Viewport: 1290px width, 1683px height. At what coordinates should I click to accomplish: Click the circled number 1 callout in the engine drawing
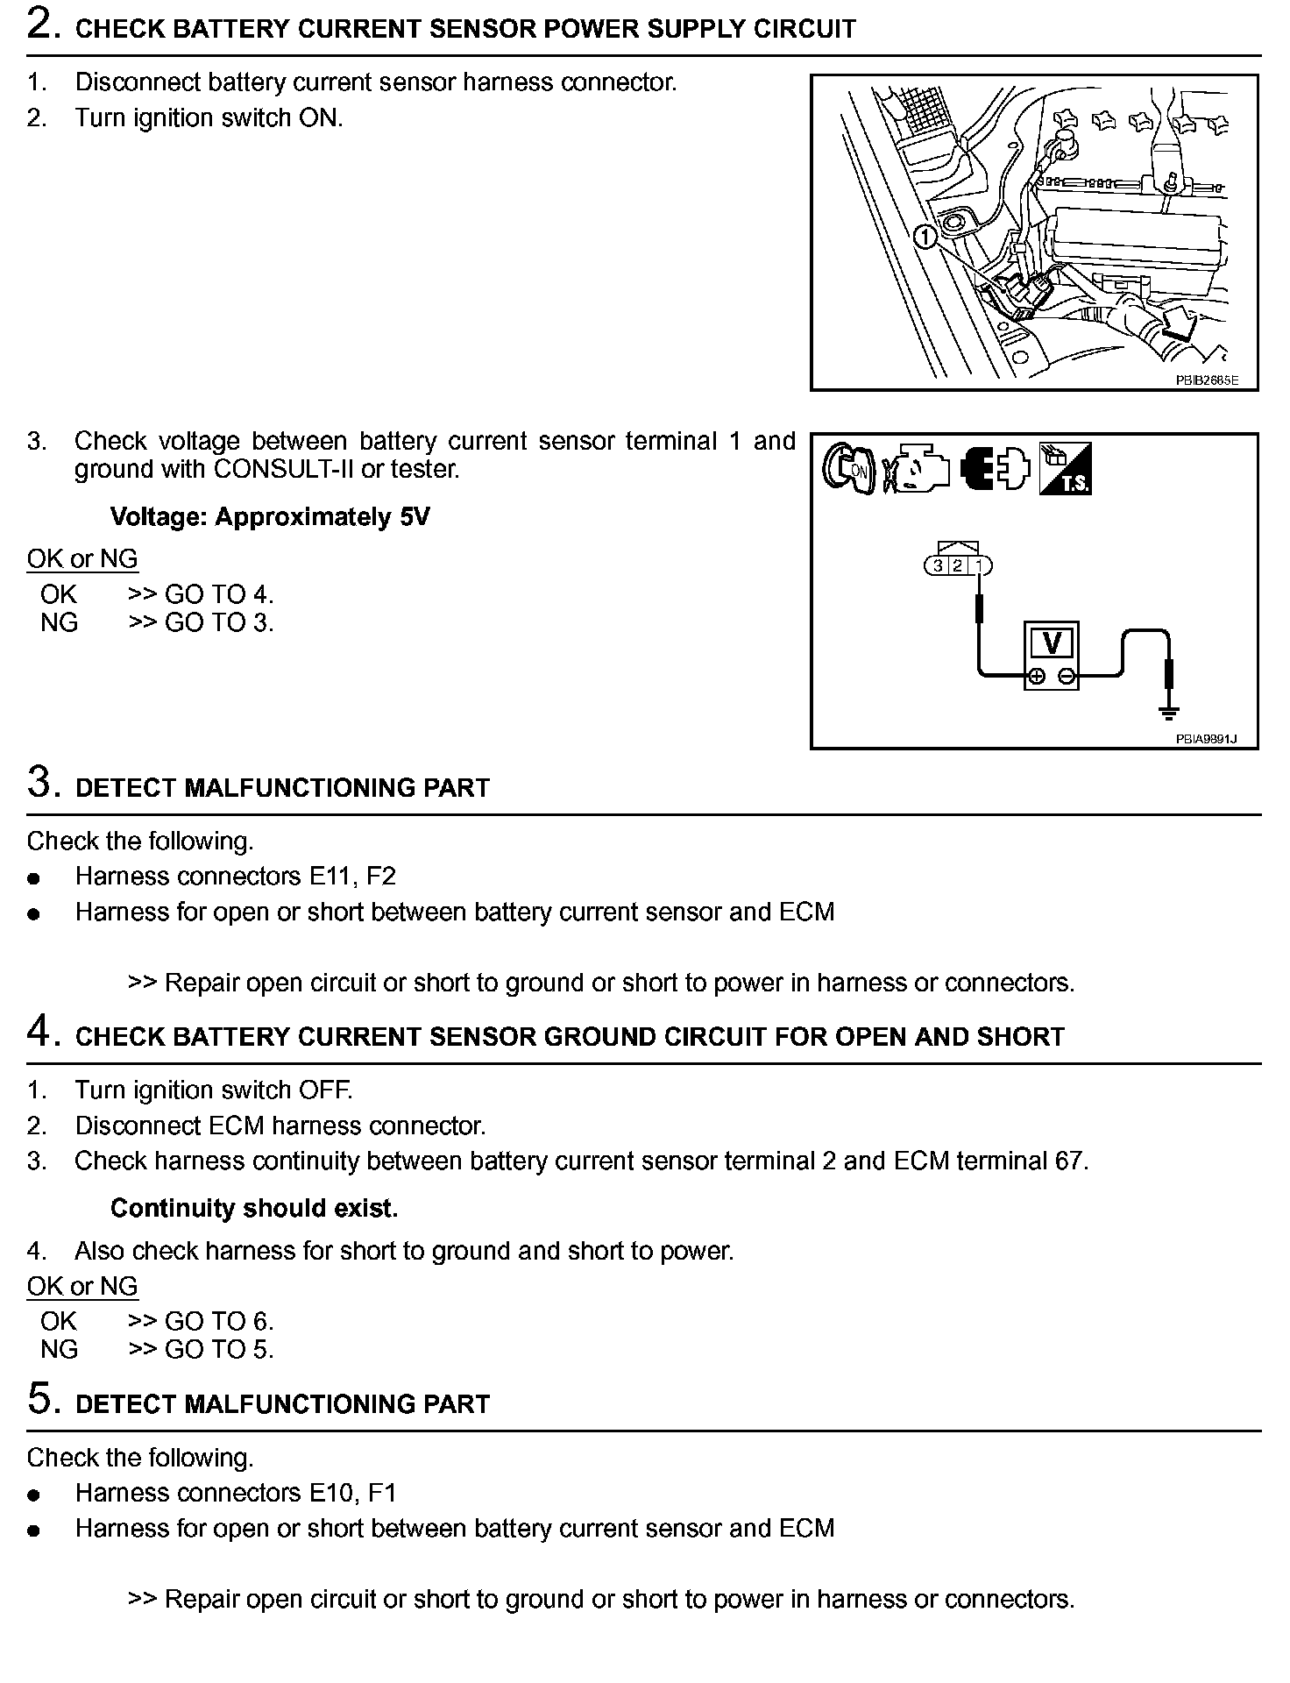pos(925,236)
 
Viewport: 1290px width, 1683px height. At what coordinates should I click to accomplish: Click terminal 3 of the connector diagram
pos(938,566)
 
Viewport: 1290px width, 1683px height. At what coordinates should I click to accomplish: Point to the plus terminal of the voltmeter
pos(1037,676)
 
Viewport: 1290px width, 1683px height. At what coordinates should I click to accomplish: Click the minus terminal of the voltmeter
pos(1067,676)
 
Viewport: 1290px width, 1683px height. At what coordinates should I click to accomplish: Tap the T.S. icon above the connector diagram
pos(1065,469)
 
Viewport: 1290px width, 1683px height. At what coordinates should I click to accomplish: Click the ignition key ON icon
pos(848,468)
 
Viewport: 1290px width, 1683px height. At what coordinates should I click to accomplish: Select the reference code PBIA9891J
pos(1206,739)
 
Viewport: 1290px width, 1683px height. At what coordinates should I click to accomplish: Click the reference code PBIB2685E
pos(1207,380)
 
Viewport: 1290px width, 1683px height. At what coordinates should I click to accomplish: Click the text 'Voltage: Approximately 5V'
pos(270,517)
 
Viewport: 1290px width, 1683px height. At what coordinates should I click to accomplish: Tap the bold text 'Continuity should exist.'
pos(254,1209)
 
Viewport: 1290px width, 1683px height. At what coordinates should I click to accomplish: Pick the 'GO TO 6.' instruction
pos(219,1321)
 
